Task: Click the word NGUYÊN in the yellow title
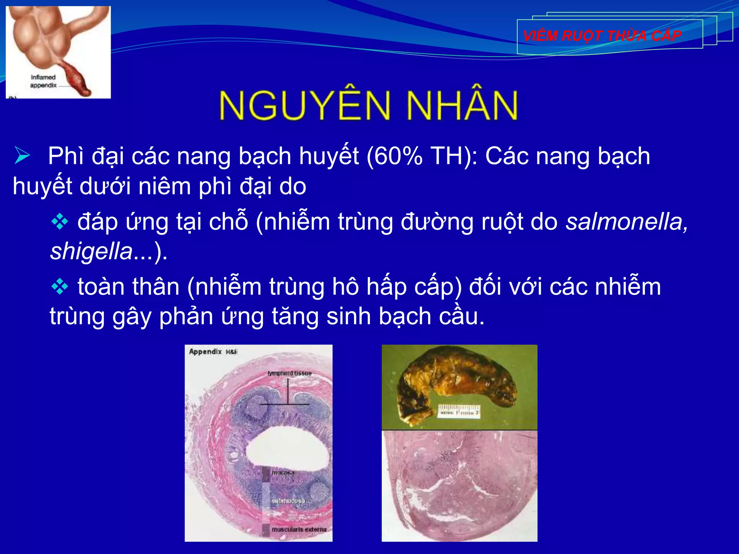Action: pyautogui.click(x=305, y=105)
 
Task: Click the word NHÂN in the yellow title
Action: pyautogui.click(x=462, y=105)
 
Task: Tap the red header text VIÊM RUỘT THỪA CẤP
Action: pyautogui.click(x=602, y=36)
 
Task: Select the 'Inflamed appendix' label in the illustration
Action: pyautogui.click(x=43, y=81)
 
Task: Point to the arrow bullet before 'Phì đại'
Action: pyautogui.click(x=22, y=156)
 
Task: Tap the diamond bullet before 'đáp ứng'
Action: pyautogui.click(x=60, y=221)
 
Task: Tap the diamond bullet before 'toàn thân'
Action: pyautogui.click(x=60, y=287)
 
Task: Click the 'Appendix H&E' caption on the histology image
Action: pyautogui.click(x=213, y=352)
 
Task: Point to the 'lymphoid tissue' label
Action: pyautogui.click(x=289, y=373)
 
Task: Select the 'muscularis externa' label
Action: pyautogui.click(x=299, y=529)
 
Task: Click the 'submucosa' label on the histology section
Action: pyautogui.click(x=288, y=501)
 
